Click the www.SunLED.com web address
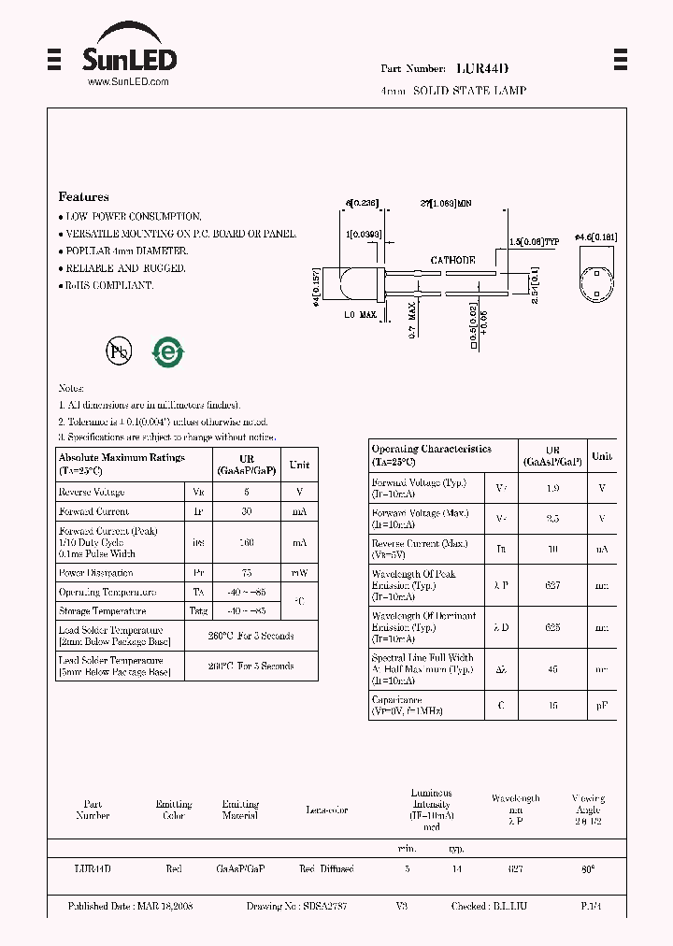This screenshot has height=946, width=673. pyautogui.click(x=128, y=82)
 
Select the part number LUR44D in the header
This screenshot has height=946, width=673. pyautogui.click(x=482, y=69)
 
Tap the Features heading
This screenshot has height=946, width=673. pyautogui.click(x=83, y=197)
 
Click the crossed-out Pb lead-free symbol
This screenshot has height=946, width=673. pyautogui.click(x=119, y=351)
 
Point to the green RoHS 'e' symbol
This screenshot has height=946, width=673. pyautogui.click(x=169, y=351)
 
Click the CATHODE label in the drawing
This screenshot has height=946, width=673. pyautogui.click(x=452, y=261)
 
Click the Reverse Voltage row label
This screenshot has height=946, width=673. pyautogui.click(x=92, y=493)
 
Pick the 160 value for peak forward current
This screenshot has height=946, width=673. pyautogui.click(x=247, y=542)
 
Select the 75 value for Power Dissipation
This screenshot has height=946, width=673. pyautogui.click(x=247, y=573)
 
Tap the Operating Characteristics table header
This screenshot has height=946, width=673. pyautogui.click(x=431, y=455)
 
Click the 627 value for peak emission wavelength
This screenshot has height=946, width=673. pyautogui.click(x=552, y=585)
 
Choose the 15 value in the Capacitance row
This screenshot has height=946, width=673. pyautogui.click(x=552, y=706)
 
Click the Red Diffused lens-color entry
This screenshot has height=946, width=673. pyautogui.click(x=326, y=868)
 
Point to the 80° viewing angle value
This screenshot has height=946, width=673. pyautogui.click(x=588, y=868)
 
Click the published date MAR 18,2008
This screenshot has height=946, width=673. pyautogui.click(x=131, y=907)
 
